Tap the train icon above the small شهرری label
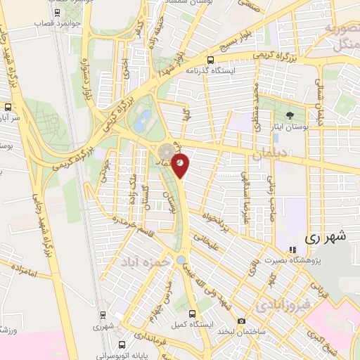point(103,315)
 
